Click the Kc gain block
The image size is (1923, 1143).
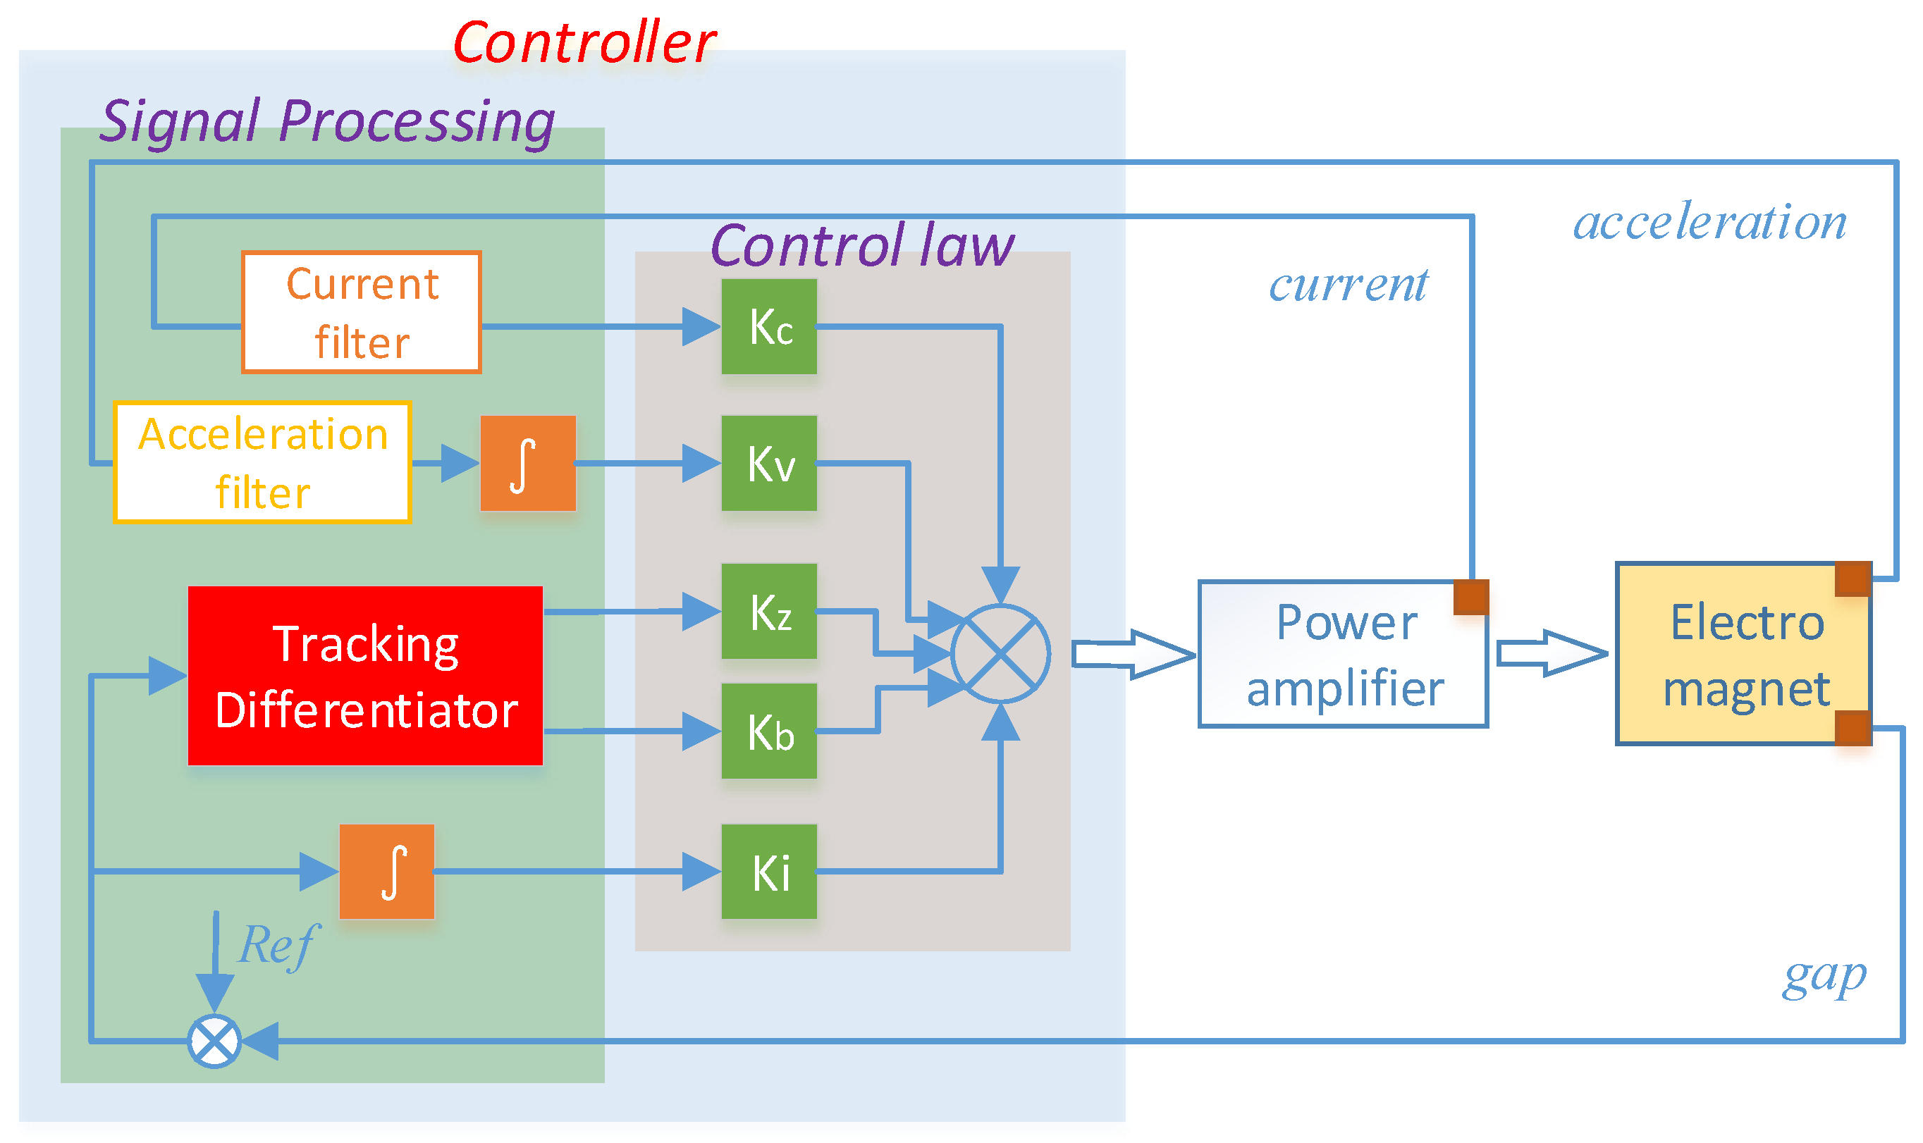coord(768,326)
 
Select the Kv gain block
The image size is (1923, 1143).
coord(768,463)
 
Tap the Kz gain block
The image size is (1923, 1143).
coord(768,611)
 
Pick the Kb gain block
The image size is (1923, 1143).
coord(768,730)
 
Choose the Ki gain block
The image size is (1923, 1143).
coord(768,871)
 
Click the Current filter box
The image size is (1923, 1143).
coord(362,312)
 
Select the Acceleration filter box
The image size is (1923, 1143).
coord(262,462)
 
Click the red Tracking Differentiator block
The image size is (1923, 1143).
coord(365,676)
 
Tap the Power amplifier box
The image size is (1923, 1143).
coord(1342,654)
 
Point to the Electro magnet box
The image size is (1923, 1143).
coord(1743,654)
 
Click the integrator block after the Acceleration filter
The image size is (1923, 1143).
coord(528,463)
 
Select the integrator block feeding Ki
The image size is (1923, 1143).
coord(387,871)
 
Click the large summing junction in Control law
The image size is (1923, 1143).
coord(1000,653)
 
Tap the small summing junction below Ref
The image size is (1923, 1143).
coord(214,1042)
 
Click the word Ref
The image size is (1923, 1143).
coord(276,944)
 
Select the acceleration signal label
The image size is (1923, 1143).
coord(1709,222)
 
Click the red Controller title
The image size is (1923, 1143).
coord(584,42)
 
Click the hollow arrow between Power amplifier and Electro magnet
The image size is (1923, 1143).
coord(1550,653)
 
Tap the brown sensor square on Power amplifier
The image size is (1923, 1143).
coord(1470,597)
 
